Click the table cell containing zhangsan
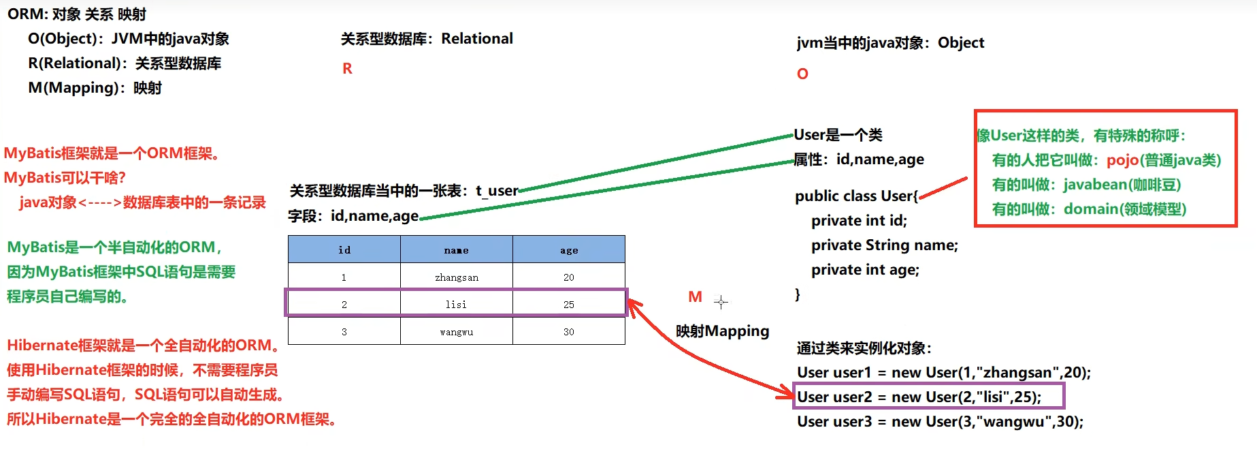(x=456, y=277)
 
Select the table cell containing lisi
(x=456, y=304)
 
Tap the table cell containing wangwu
(x=456, y=332)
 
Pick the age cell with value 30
(x=568, y=332)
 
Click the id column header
(x=344, y=250)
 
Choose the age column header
(x=568, y=250)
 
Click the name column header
(x=456, y=250)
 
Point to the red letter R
(x=347, y=69)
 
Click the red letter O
(x=802, y=74)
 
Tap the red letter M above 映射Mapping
(x=695, y=297)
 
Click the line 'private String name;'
(x=884, y=245)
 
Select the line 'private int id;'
(x=859, y=221)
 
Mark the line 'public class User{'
(x=856, y=196)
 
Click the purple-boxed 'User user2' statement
(x=919, y=397)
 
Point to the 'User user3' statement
(x=940, y=421)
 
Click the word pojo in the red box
(x=1122, y=160)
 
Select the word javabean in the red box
(x=1095, y=185)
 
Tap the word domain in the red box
(x=1091, y=209)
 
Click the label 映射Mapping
(x=722, y=331)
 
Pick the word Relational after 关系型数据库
(x=477, y=39)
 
